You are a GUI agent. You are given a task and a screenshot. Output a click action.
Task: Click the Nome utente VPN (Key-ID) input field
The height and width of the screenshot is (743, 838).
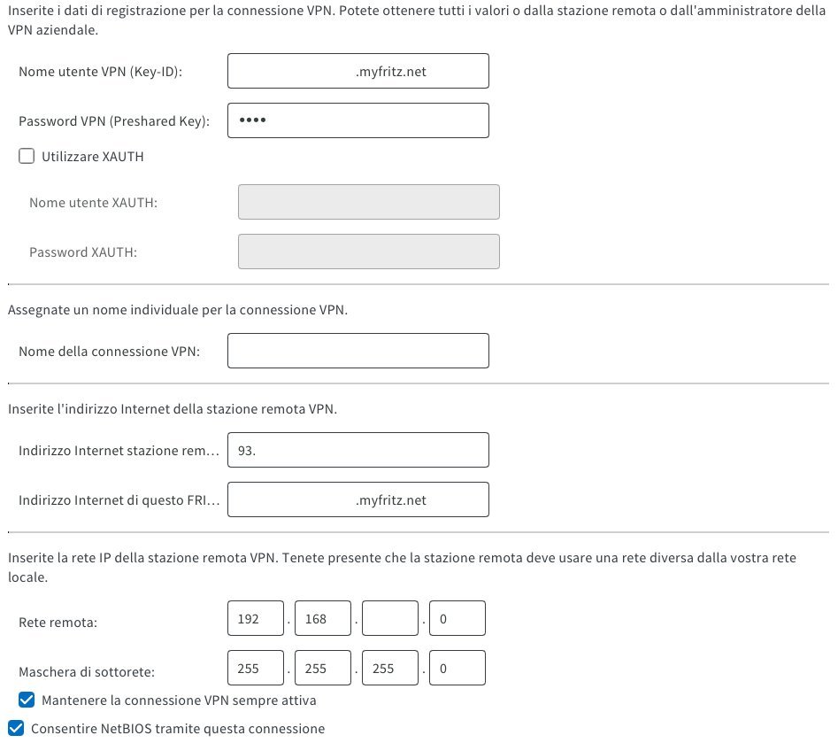click(x=357, y=72)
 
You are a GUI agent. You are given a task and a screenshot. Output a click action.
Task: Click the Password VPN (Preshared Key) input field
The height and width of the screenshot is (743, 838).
click(x=357, y=121)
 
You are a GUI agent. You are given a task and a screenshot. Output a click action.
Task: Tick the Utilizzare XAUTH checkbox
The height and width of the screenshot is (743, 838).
click(x=27, y=157)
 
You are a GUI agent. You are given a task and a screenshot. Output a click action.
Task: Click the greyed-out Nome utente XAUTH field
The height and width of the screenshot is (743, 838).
click(x=368, y=203)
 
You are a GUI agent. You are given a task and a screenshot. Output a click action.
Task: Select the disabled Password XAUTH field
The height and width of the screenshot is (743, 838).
click(x=368, y=252)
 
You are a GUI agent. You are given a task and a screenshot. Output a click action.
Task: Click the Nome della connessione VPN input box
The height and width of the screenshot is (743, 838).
click(x=357, y=352)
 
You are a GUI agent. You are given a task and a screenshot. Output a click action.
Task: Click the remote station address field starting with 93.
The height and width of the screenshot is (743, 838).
click(x=357, y=451)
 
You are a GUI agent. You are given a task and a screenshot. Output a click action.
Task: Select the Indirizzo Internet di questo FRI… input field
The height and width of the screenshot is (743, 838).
click(x=357, y=500)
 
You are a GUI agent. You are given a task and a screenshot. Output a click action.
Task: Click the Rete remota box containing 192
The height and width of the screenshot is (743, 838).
click(x=255, y=619)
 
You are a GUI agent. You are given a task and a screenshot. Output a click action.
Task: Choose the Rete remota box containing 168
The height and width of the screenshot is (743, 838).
click(x=322, y=619)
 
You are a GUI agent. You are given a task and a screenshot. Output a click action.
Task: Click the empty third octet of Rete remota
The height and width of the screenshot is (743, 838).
click(x=389, y=619)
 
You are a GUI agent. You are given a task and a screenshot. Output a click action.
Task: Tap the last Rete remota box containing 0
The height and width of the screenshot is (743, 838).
click(x=457, y=619)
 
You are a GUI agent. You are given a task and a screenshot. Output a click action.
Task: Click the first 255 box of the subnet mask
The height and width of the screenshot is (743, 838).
click(x=255, y=669)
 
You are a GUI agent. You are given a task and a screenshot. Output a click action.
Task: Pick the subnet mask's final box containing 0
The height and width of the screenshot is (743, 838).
click(x=457, y=669)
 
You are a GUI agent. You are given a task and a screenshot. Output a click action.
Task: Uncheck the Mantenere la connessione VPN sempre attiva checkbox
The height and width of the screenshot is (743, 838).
click(x=27, y=700)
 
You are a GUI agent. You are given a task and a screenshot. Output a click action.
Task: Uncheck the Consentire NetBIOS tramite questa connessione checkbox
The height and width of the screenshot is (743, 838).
click(x=15, y=729)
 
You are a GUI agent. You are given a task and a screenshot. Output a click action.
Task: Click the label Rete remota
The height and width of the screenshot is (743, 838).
click(x=58, y=622)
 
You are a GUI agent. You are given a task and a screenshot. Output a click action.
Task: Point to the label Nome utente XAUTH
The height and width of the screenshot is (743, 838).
click(x=93, y=203)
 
